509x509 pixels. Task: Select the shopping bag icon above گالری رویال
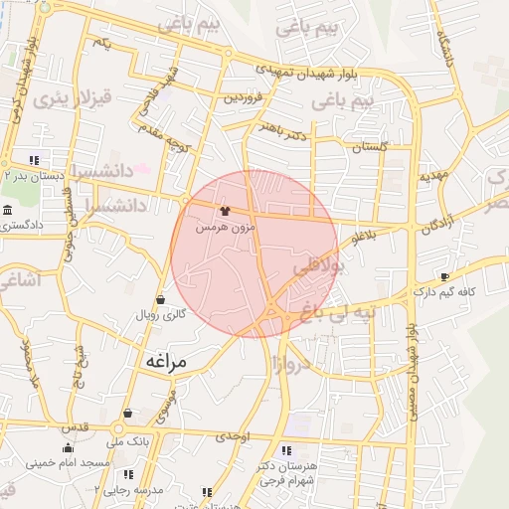[160, 299]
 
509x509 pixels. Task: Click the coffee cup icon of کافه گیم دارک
[444, 276]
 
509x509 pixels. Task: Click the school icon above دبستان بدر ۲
[35, 159]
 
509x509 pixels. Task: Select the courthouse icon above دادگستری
[8, 211]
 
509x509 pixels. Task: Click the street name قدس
[77, 426]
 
